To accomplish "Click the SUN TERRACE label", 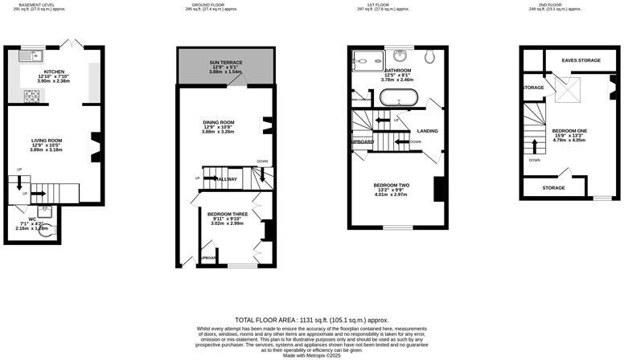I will click(x=226, y=61).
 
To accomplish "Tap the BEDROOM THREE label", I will click(x=226, y=214).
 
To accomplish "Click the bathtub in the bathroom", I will click(x=396, y=99).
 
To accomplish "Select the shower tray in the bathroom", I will click(x=366, y=58).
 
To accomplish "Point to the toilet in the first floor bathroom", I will click(x=429, y=55).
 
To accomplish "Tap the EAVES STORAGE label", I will click(x=581, y=60).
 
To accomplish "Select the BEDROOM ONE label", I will click(x=569, y=130).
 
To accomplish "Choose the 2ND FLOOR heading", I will click(x=552, y=5).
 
